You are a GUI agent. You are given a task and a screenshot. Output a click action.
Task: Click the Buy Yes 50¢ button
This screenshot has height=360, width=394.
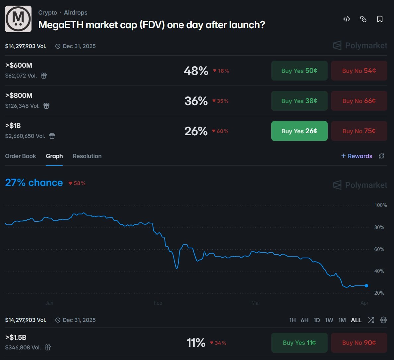point(299,71)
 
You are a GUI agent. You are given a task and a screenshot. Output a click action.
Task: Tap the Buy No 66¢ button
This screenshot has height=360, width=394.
point(359,101)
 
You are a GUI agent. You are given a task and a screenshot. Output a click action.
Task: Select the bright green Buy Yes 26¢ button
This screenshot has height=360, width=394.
point(299,131)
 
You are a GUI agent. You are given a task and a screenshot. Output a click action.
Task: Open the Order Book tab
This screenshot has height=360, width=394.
point(21,156)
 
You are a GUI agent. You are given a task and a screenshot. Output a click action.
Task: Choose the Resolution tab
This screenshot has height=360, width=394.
point(87,156)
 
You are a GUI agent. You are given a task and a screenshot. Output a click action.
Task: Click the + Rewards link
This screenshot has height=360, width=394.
point(357,156)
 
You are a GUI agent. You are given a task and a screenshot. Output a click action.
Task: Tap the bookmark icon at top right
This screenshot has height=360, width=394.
point(380,19)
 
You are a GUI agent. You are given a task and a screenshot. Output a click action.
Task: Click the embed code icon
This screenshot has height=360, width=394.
point(347,19)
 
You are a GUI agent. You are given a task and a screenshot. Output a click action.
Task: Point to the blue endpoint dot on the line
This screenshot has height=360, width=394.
point(366,286)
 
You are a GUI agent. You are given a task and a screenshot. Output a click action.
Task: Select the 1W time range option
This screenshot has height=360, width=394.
point(329,320)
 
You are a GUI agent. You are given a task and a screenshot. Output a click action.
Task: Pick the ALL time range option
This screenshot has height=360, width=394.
point(356,320)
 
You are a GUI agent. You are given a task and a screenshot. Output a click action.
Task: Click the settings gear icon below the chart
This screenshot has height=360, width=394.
point(383,320)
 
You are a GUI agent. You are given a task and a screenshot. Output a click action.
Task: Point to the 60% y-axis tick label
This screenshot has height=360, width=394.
point(379,249)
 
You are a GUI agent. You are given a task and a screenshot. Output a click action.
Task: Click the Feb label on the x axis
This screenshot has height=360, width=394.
point(158,303)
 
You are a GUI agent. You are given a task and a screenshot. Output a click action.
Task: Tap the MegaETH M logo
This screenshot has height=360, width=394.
point(18,19)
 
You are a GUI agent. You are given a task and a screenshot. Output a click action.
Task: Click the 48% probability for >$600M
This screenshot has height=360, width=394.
point(196,71)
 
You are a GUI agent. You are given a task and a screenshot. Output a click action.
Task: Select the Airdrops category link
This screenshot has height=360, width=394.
point(76,13)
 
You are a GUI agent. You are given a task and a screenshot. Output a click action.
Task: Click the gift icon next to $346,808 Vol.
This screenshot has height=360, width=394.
point(48,347)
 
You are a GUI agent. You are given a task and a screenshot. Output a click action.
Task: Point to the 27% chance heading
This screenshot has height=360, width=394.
point(34,183)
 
